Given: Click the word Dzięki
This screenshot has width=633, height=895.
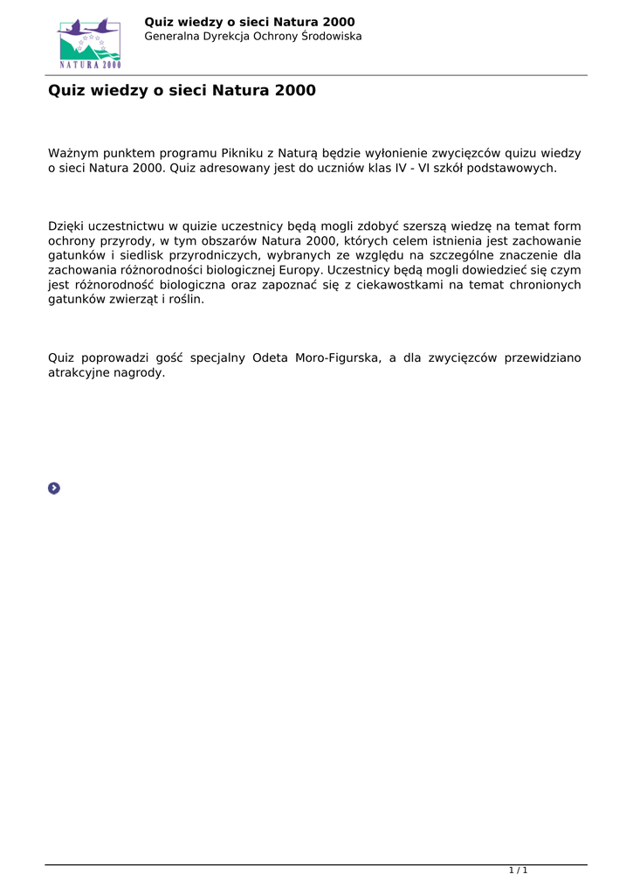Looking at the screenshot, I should coord(65,227).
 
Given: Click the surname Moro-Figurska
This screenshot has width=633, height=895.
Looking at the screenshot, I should coord(336,358).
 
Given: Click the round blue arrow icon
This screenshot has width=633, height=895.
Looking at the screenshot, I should coord(54,488).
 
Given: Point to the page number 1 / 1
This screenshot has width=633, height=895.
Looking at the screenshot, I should coord(519,871).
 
